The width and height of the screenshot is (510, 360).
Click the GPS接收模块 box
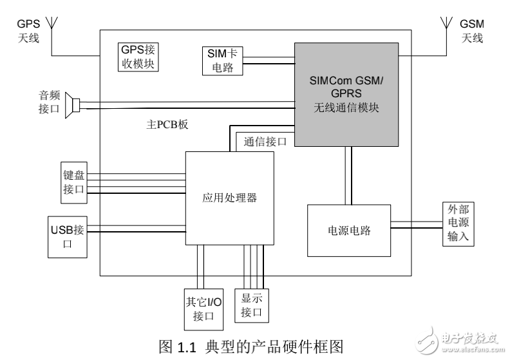pyautogui.click(x=139, y=57)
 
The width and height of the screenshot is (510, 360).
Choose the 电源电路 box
pyautogui.click(x=349, y=230)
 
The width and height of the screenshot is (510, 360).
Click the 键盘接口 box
pyautogui.click(x=73, y=180)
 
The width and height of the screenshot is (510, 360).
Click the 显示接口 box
pyautogui.click(x=254, y=305)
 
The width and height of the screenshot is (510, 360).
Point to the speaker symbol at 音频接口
pyautogui.click(x=75, y=105)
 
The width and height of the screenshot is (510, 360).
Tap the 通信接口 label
pyautogui.click(x=265, y=142)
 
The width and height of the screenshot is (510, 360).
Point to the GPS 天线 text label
pyautogui.click(x=28, y=30)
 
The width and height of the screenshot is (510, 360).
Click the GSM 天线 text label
pyautogui.click(x=471, y=30)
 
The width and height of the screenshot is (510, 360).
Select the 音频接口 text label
pyautogui.click(x=49, y=102)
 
